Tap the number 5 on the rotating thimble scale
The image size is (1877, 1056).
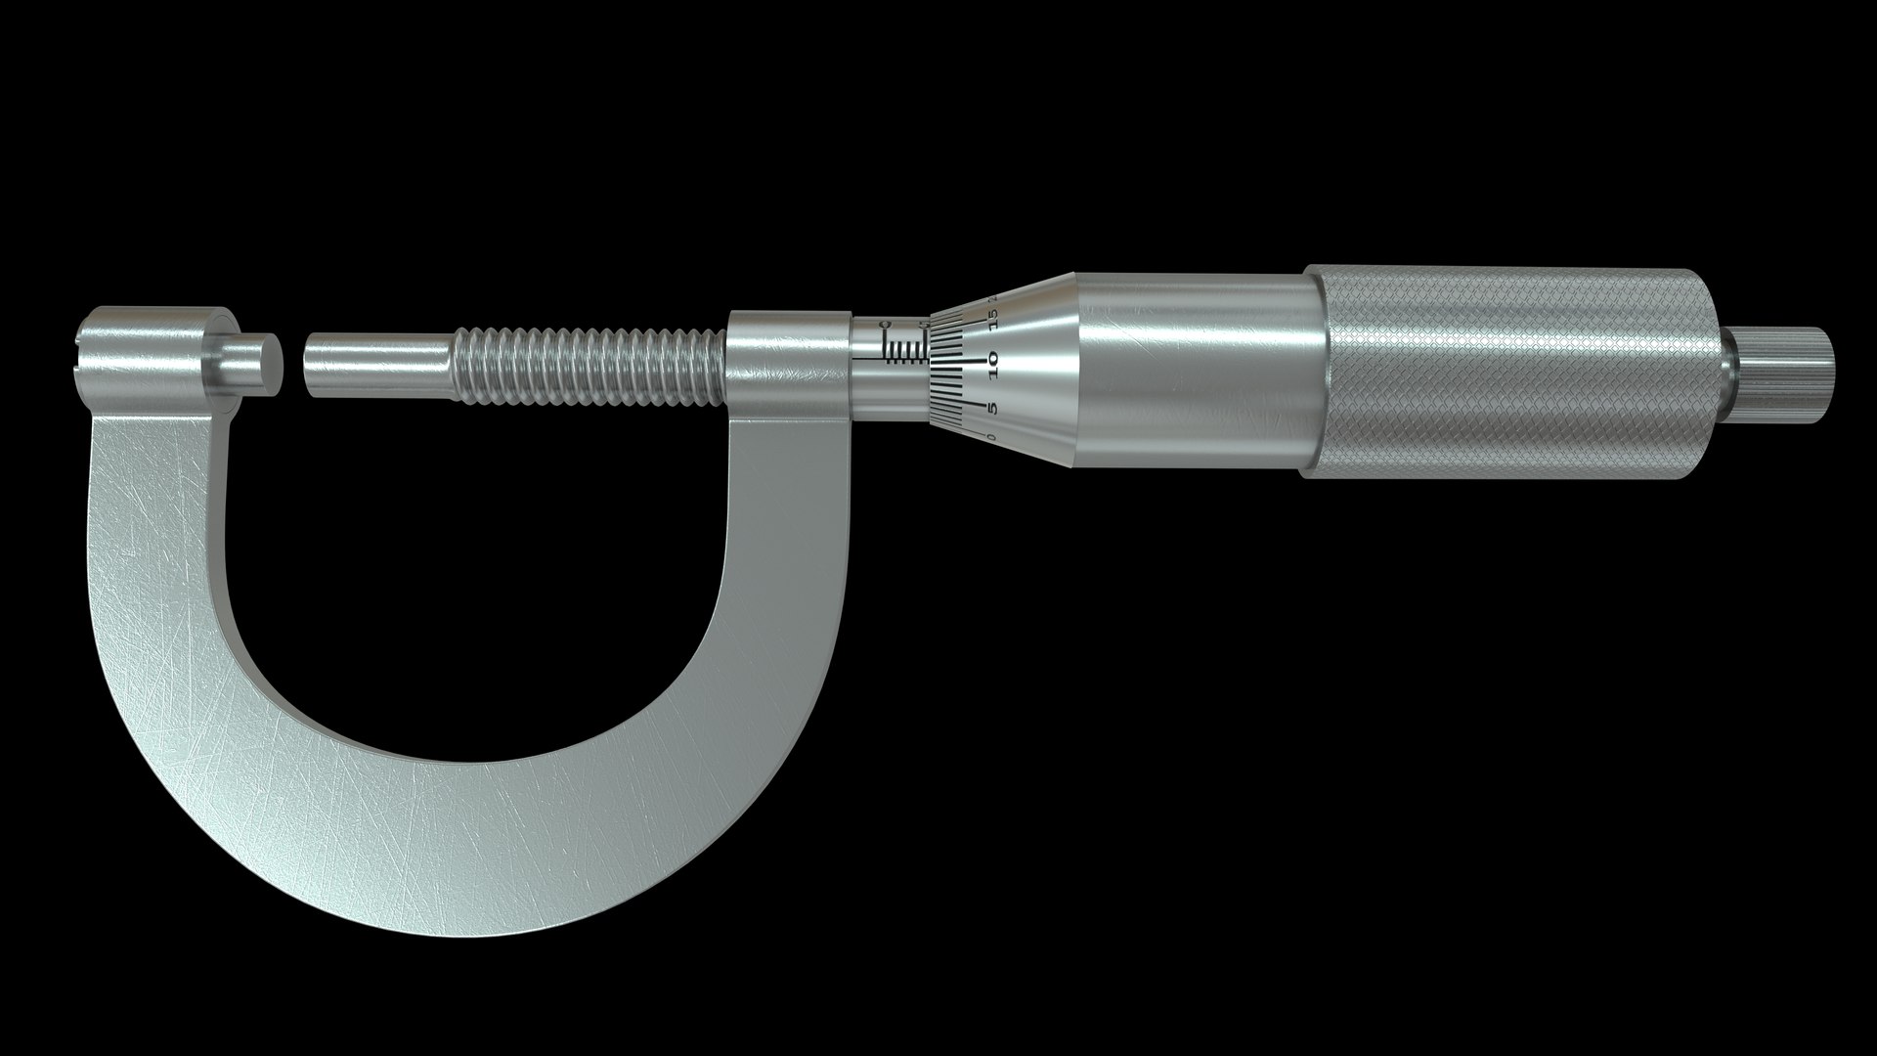[x=991, y=407]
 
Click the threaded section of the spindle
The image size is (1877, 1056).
[x=587, y=367]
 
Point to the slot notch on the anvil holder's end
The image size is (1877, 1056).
[x=79, y=342]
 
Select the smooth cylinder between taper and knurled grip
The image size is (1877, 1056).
[x=1193, y=372]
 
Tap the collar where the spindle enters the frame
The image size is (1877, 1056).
[x=787, y=367]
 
